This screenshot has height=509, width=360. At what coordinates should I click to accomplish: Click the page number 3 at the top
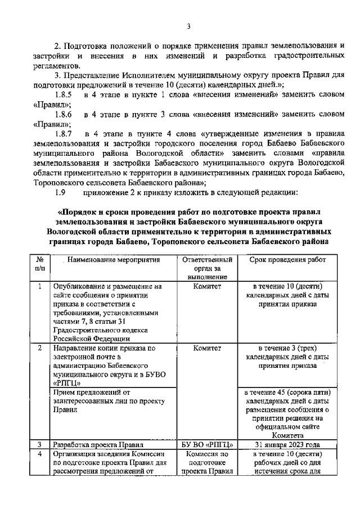coord(188,26)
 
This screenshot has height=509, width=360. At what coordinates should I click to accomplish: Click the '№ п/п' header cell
coord(40,264)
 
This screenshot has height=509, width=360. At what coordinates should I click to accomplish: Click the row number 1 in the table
coord(40,286)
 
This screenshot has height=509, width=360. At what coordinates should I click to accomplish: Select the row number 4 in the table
coord(40,454)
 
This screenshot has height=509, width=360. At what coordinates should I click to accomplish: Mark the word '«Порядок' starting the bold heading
coord(77,211)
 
